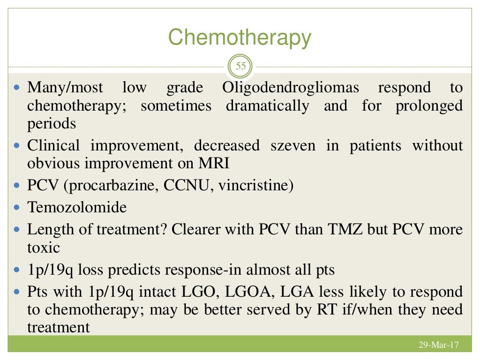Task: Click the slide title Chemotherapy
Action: click(x=240, y=37)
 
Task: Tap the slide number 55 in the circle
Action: click(x=240, y=66)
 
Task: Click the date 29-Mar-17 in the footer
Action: click(x=438, y=345)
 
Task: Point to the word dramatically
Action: click(x=267, y=106)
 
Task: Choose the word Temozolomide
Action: click(x=77, y=207)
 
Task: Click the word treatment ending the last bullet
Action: click(x=58, y=327)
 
